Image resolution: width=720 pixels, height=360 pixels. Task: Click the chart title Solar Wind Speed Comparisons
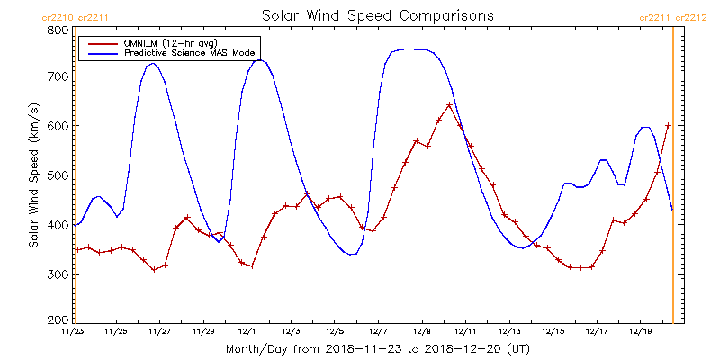point(378,16)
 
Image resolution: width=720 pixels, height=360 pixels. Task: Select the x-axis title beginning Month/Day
point(378,347)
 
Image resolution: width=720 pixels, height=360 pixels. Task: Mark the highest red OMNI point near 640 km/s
point(449,105)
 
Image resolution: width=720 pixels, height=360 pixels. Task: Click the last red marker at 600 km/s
point(668,126)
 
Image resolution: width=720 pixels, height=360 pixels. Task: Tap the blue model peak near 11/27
point(152,63)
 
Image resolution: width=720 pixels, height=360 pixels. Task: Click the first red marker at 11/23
point(77,249)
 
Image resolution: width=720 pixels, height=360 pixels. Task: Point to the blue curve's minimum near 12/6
point(351,255)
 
